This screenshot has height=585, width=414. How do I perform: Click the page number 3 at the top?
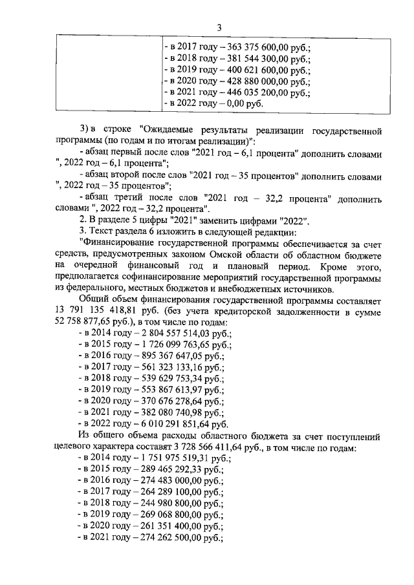point(219,27)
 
